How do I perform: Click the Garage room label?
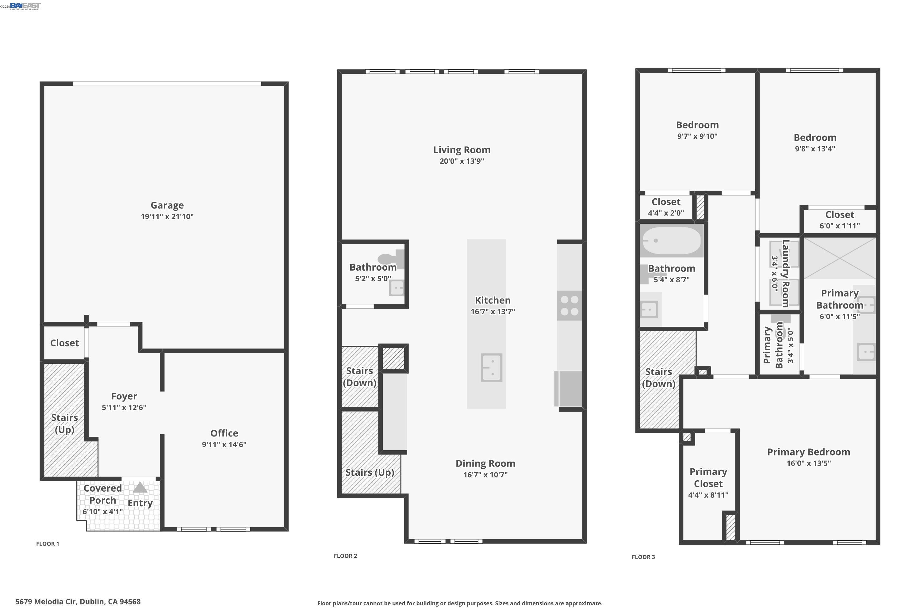click(167, 205)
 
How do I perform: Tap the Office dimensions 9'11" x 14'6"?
click(224, 444)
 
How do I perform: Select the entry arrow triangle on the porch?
click(140, 488)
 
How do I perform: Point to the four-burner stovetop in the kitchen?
click(569, 306)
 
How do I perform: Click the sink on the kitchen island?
click(491, 368)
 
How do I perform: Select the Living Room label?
click(462, 150)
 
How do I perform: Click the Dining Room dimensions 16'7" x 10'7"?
click(485, 474)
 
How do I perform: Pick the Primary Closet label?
click(708, 478)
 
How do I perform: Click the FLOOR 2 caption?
click(345, 556)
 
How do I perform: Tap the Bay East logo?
click(25, 6)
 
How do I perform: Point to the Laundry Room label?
click(785, 274)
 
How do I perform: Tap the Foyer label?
click(124, 396)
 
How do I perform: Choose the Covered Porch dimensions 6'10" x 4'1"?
click(102, 511)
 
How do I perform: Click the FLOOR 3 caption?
click(643, 557)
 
